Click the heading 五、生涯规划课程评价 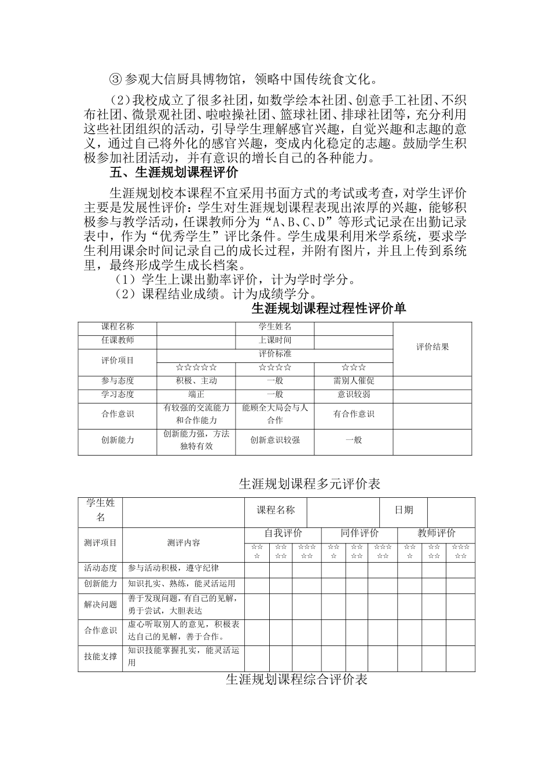tap(174, 173)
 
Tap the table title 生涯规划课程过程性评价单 tap(329, 309)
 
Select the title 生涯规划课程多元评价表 tap(310, 484)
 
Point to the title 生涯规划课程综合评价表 tap(296, 680)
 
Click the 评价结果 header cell tap(432, 347)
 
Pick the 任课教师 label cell tap(118, 341)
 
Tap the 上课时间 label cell tap(275, 341)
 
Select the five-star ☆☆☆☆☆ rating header tap(196, 368)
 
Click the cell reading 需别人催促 tap(354, 381)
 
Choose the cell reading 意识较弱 tap(354, 395)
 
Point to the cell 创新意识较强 tap(275, 441)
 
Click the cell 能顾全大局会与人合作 tap(275, 414)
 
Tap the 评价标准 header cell tap(275, 354)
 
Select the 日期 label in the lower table tap(404, 511)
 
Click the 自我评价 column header tap(283, 533)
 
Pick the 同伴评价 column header tap(360, 533)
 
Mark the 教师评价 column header tap(437, 533)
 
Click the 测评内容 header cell tap(184, 543)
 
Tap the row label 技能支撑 tap(101, 656)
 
